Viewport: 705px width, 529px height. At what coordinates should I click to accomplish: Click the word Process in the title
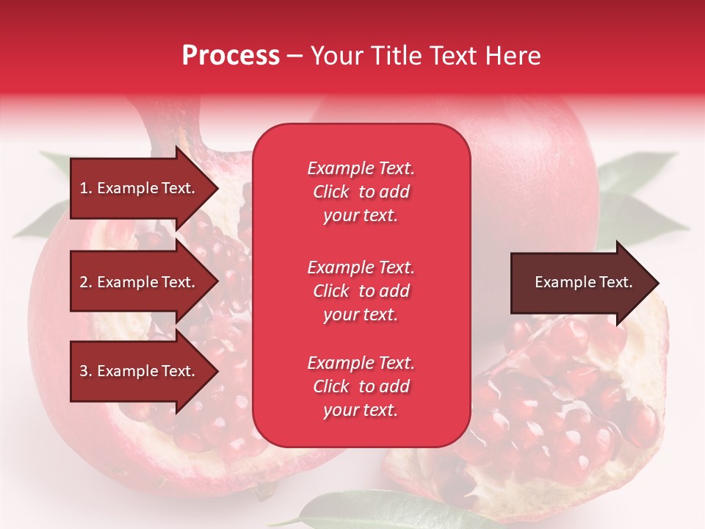click(231, 56)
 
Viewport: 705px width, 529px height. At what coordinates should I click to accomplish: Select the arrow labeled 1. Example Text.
click(140, 188)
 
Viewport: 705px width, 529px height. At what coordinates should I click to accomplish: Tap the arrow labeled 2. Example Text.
click(140, 282)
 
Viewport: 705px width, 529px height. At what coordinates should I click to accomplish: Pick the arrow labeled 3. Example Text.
click(140, 371)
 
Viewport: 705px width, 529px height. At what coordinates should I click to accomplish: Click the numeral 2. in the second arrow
click(86, 282)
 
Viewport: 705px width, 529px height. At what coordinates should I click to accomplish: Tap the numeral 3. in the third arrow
click(86, 371)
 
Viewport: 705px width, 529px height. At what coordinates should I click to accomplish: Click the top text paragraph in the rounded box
click(361, 192)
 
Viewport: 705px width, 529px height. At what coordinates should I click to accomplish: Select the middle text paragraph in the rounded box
click(361, 291)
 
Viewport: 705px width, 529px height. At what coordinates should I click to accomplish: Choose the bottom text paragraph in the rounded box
click(361, 386)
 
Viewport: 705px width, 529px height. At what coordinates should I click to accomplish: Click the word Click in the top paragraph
click(331, 192)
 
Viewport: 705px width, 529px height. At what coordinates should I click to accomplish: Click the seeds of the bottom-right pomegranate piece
click(558, 411)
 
